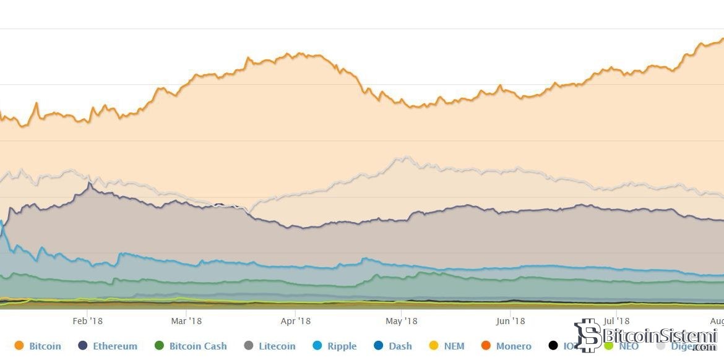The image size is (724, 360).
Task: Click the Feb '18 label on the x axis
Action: (x=87, y=320)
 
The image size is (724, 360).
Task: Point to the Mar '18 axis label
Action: (x=186, y=320)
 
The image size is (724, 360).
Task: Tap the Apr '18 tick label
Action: (x=296, y=320)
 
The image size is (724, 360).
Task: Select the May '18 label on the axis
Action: (x=402, y=320)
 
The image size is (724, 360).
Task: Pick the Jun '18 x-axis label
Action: (x=511, y=320)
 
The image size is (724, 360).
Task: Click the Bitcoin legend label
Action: (x=45, y=346)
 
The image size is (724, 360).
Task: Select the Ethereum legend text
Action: (x=115, y=346)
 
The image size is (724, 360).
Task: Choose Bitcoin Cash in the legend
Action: (x=198, y=346)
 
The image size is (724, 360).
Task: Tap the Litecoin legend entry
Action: (x=277, y=346)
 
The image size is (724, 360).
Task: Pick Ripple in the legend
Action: (x=341, y=346)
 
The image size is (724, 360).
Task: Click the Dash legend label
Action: (x=400, y=346)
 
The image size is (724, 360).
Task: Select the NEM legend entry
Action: (x=454, y=346)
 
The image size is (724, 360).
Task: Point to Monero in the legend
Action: (x=514, y=346)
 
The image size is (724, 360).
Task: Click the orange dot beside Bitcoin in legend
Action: (x=19, y=346)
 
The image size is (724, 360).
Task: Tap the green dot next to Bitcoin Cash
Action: (x=159, y=346)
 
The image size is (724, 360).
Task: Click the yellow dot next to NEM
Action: (x=434, y=346)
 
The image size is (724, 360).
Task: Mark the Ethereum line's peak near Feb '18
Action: (x=90, y=183)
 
